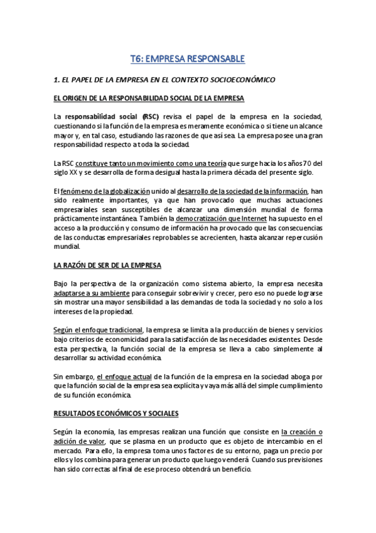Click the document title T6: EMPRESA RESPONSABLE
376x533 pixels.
pos(188,60)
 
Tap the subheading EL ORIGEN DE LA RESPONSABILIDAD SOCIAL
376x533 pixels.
pos(149,99)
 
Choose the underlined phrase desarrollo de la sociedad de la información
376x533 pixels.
pos(241,191)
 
